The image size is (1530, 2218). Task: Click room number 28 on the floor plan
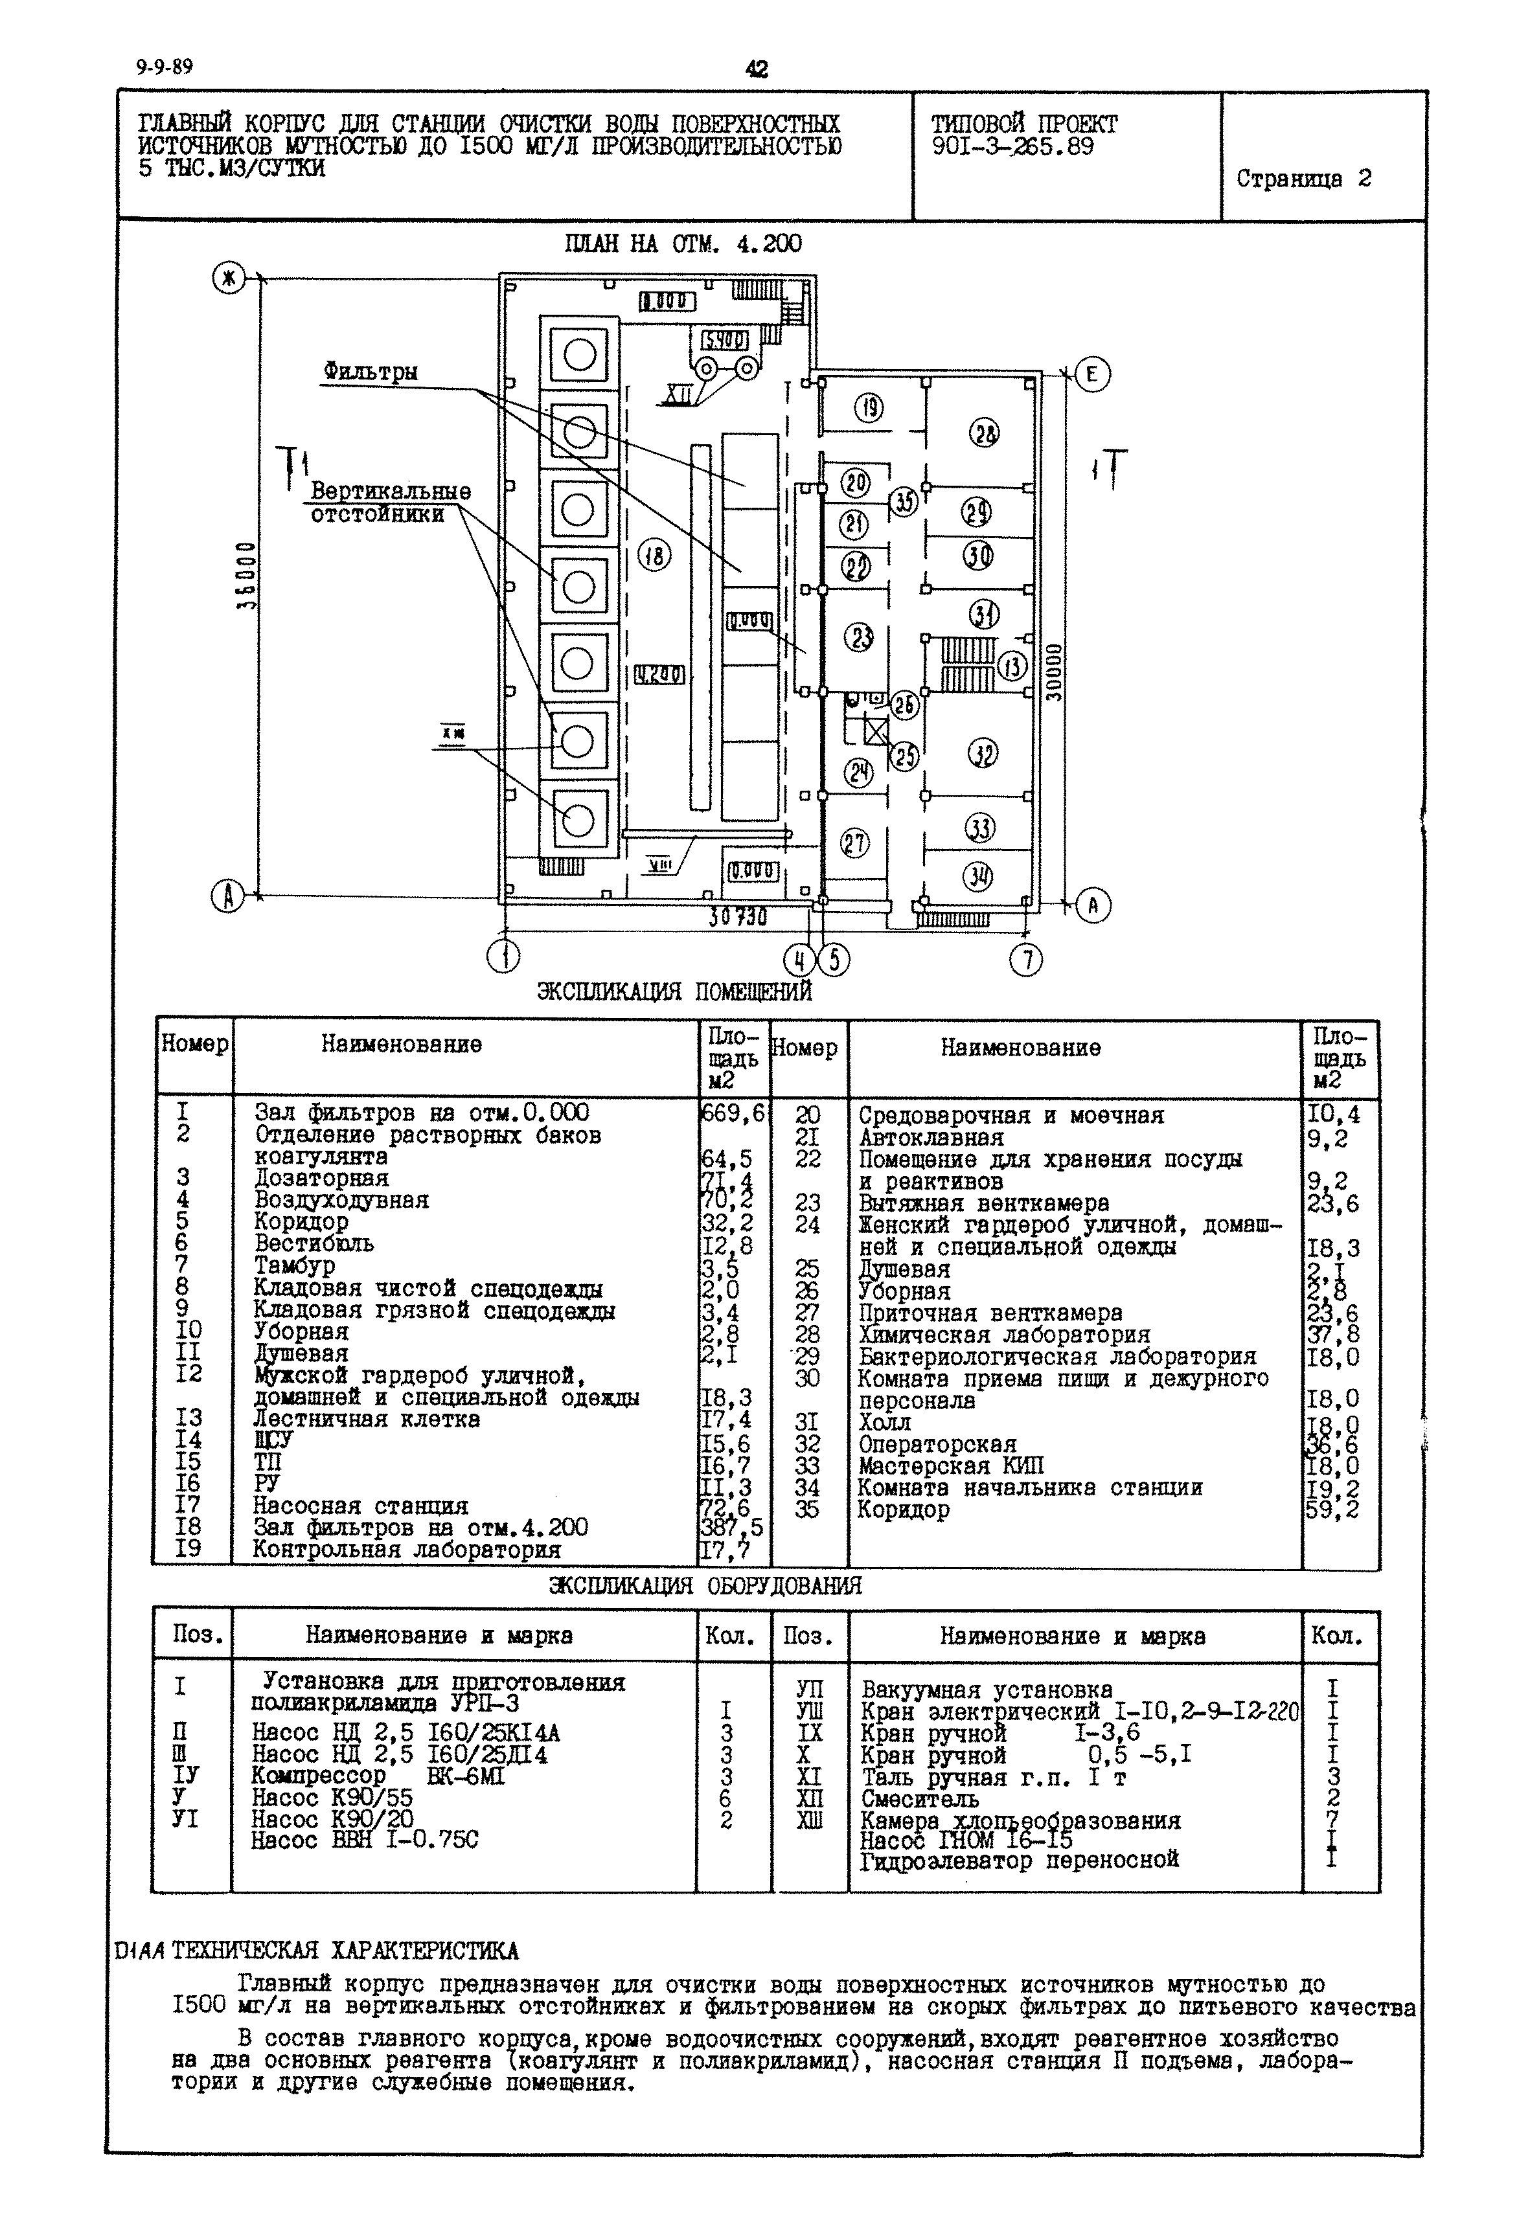(985, 434)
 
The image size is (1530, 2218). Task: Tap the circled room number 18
(656, 556)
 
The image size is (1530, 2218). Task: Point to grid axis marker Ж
(228, 280)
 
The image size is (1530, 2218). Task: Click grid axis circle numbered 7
(1027, 960)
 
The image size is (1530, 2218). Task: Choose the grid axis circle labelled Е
(1092, 375)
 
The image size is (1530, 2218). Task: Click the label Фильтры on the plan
(370, 372)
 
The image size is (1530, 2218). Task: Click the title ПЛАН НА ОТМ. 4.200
(683, 244)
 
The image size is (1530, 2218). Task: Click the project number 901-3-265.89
(1011, 146)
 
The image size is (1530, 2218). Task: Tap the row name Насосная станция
(360, 1506)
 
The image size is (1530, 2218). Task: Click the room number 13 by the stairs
(1012, 665)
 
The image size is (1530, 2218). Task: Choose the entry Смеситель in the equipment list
(919, 1798)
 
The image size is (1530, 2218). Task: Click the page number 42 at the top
(757, 69)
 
